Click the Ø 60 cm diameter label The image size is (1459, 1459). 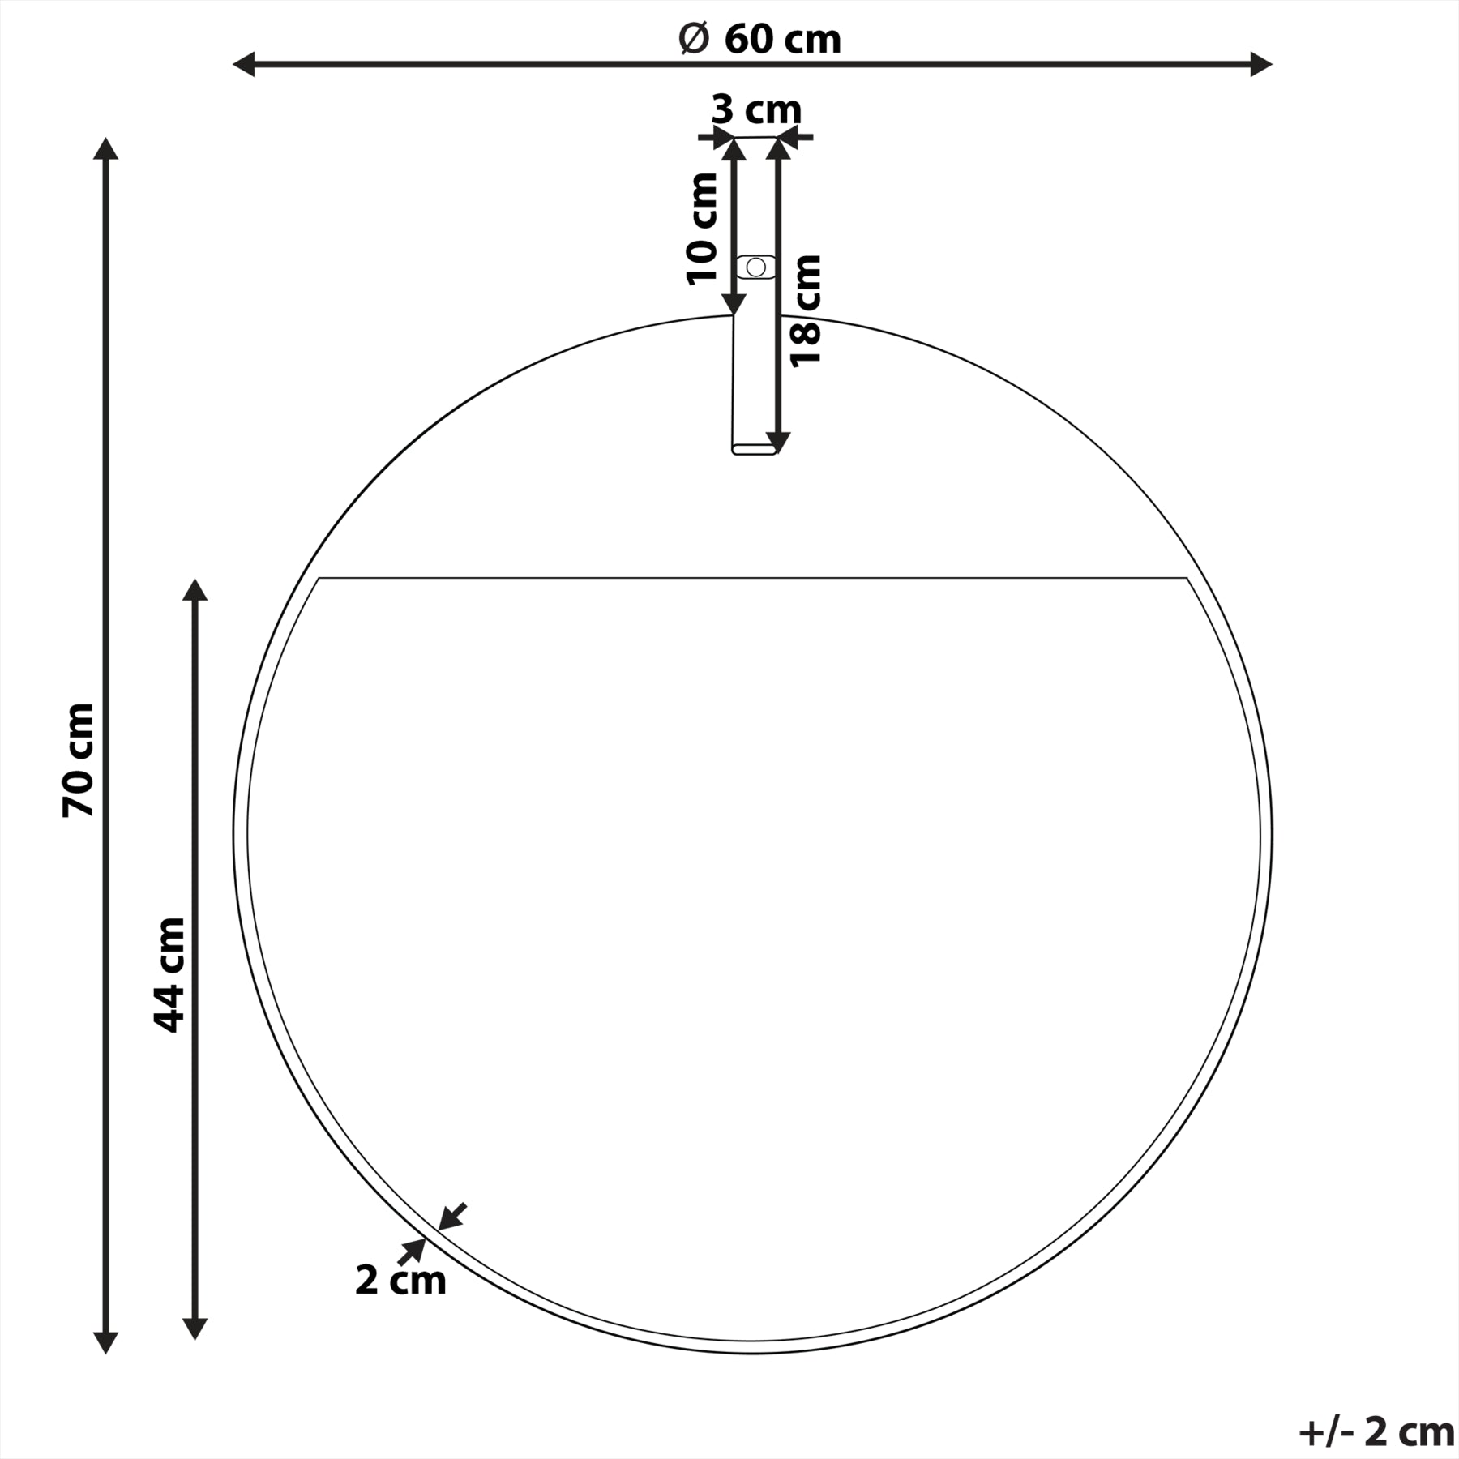click(759, 39)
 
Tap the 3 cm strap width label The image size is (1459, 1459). click(756, 109)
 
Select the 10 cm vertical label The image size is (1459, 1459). click(703, 229)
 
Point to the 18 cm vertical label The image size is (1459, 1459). click(807, 310)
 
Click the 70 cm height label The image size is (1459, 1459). click(79, 759)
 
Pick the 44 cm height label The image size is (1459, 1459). click(169, 975)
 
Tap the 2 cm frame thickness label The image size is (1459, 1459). click(400, 1280)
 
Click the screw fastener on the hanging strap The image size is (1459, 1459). click(755, 267)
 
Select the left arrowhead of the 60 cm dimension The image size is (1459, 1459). click(244, 64)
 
